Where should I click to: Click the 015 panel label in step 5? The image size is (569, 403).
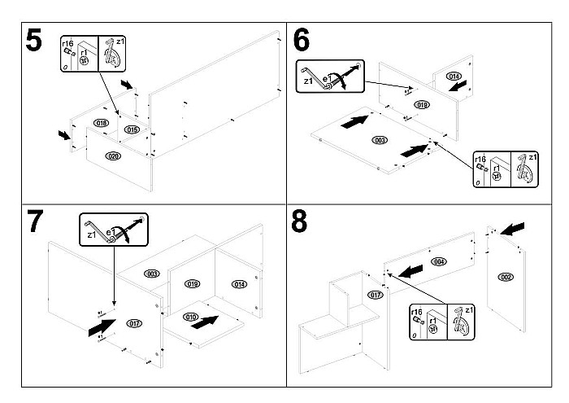click(132, 129)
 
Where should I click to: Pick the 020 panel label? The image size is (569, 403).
click(113, 155)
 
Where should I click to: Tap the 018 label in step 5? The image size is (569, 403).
click(101, 123)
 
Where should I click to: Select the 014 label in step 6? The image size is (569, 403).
click(454, 76)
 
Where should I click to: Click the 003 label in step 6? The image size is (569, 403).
click(379, 140)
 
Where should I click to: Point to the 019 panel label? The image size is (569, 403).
click(193, 283)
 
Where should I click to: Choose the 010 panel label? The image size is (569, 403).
click(192, 316)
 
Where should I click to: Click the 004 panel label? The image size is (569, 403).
click(439, 261)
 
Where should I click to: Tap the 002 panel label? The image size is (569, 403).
click(506, 278)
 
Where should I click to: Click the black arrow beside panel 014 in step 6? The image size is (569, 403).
click(458, 85)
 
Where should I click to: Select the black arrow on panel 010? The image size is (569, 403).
click(208, 320)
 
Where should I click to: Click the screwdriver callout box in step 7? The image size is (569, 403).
click(114, 229)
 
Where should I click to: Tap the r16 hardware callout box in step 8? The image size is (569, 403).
click(439, 322)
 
